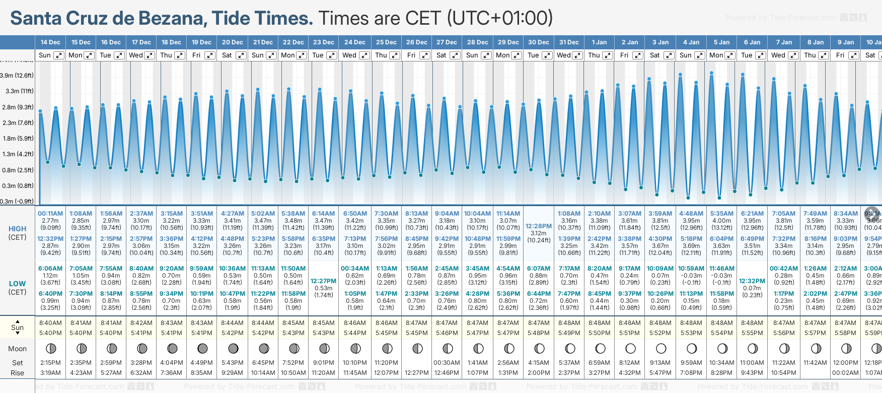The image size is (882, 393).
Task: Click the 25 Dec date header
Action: pos(386,42)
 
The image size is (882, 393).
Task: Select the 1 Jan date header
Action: pos(599,42)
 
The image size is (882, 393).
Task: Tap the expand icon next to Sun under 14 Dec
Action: pos(59,55)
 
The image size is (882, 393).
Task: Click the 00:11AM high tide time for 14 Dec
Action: pos(50,214)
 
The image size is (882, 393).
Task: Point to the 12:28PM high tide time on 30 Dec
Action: pos(538,226)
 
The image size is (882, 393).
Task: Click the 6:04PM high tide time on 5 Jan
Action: pos(721,239)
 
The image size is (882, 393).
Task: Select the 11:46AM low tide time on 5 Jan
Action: pos(721,269)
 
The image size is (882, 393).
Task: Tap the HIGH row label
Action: pos(17,229)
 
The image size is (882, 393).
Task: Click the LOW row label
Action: pos(17,284)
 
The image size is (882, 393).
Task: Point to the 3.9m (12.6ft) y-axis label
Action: pos(17,76)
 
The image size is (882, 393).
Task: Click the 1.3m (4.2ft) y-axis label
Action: pos(18,154)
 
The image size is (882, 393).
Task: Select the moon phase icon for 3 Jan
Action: pos(661,349)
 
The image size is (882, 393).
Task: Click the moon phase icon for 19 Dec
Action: pos(202,349)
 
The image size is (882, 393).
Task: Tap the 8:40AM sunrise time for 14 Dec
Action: pos(50,323)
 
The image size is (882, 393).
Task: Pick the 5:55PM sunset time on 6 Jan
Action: pos(752,333)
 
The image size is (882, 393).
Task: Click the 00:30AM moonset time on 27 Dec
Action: pos(447,363)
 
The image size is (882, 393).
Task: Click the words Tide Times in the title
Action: pos(262,18)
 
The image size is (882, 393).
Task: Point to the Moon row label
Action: pos(17,349)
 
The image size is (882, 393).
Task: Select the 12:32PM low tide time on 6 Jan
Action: pos(752,281)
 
